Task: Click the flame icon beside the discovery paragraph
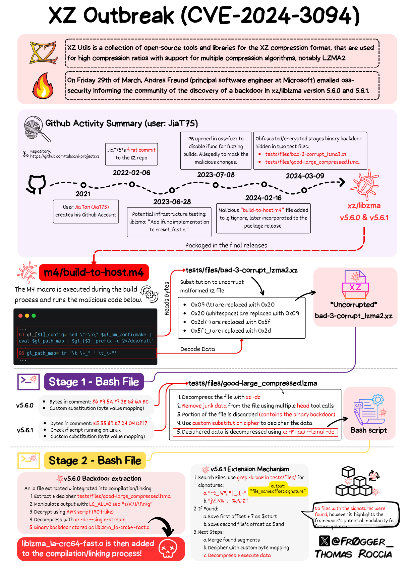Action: click(43, 86)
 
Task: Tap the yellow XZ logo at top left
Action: click(43, 53)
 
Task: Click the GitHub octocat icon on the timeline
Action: click(36, 184)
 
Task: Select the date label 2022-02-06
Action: click(131, 173)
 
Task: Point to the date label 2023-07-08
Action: click(216, 175)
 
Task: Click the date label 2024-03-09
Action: click(305, 176)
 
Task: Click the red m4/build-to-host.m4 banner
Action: click(94, 272)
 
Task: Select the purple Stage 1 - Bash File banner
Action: click(94, 382)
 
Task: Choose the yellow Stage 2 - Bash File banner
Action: click(95, 461)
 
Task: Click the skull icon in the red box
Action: click(168, 549)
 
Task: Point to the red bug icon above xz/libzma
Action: click(364, 185)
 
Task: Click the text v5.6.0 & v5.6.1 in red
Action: click(364, 218)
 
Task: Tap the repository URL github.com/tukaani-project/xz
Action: click(64, 156)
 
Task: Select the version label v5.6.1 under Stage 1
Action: click(25, 430)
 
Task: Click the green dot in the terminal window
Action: click(34, 316)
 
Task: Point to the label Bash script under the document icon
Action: click(368, 430)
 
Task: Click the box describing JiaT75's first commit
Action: click(131, 154)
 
